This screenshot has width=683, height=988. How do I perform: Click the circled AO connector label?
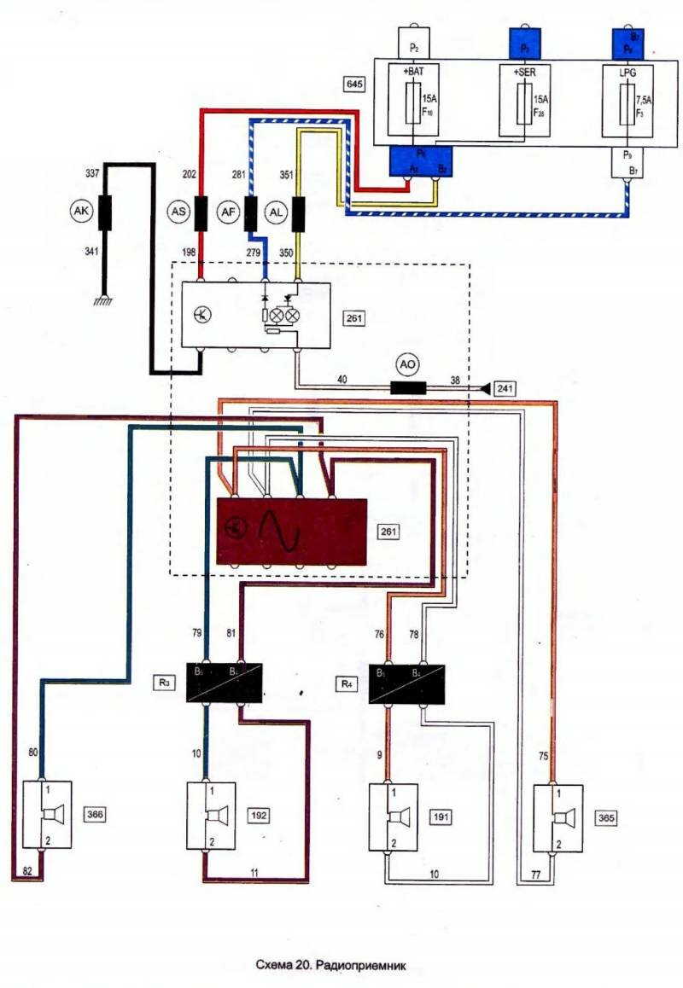coord(408,363)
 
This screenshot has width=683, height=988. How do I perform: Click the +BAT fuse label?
coord(413,73)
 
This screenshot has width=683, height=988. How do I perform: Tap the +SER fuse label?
coord(523,73)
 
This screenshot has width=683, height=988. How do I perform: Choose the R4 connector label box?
coord(344,683)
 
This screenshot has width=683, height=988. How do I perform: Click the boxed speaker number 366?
coord(96,815)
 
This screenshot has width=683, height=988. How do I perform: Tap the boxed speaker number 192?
coord(259,815)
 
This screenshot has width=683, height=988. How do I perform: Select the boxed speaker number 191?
coord(441,817)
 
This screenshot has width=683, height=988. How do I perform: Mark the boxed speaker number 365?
coord(605,817)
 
